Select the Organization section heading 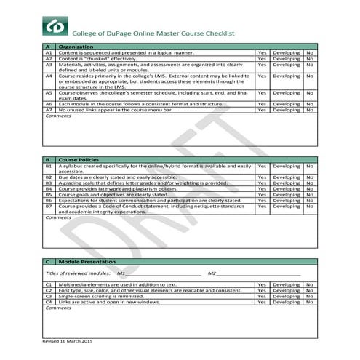click(76, 47)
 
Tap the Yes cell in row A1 click(262, 53)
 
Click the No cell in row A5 click(310, 93)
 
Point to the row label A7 click(49, 109)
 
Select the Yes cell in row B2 click(262, 177)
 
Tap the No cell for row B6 click(310, 200)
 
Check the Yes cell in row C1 click(262, 284)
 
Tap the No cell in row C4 click(310, 302)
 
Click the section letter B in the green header click(48, 159)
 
